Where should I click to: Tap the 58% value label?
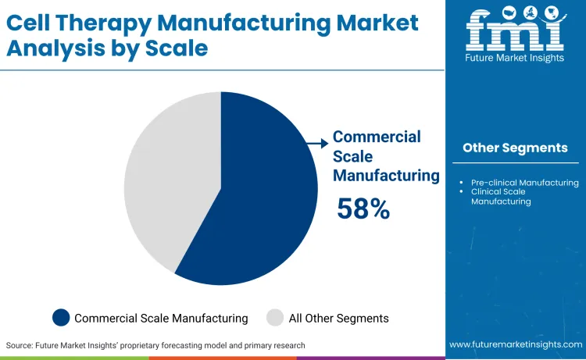point(363,209)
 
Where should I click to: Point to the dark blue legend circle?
point(61,318)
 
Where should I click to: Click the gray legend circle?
point(274,318)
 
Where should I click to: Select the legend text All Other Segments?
point(338,318)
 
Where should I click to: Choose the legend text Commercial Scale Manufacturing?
point(161,318)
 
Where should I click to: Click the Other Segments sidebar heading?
point(515,148)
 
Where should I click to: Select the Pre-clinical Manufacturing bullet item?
point(524,183)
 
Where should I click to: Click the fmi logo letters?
point(515,30)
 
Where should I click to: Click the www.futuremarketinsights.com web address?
point(515,344)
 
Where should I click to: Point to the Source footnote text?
point(155,344)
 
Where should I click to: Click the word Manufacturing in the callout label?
point(386,176)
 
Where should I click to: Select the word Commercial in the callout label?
point(377,137)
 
